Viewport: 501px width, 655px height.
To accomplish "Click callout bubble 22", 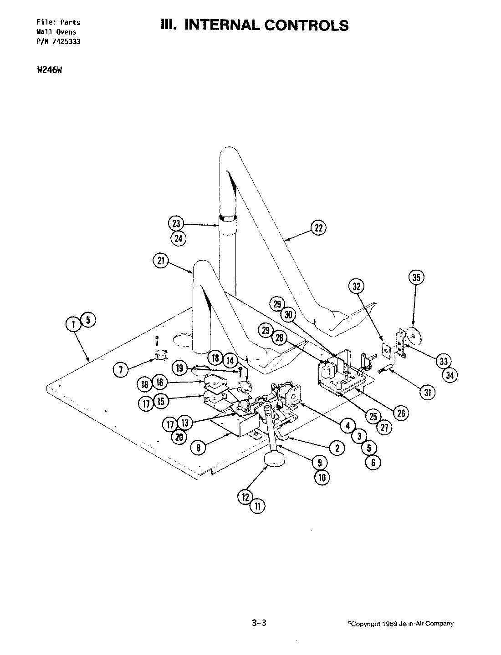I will click(x=319, y=227).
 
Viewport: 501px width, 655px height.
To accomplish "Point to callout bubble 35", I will click(x=417, y=277).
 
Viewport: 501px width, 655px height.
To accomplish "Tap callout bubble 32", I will click(x=357, y=286).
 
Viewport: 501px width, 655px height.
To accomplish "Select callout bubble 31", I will click(x=427, y=392).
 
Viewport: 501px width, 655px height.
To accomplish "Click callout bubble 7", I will click(x=121, y=370).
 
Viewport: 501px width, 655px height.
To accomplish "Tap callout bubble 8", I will click(x=186, y=448).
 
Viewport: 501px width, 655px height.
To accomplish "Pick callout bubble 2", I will click(x=337, y=448).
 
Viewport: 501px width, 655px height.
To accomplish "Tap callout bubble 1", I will click(x=72, y=324).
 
